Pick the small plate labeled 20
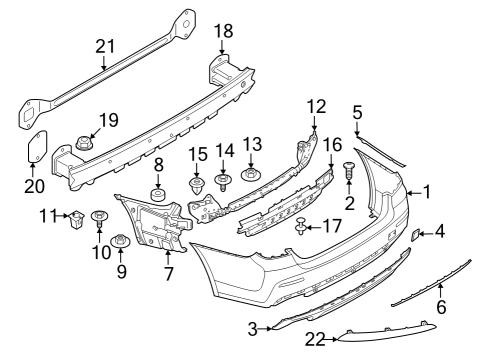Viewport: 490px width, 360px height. point(35,146)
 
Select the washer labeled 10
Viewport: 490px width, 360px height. point(100,217)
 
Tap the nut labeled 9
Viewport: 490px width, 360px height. point(120,241)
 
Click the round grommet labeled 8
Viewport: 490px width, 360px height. point(157,191)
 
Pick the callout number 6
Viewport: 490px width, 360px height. point(442,308)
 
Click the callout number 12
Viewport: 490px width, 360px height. point(316,106)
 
